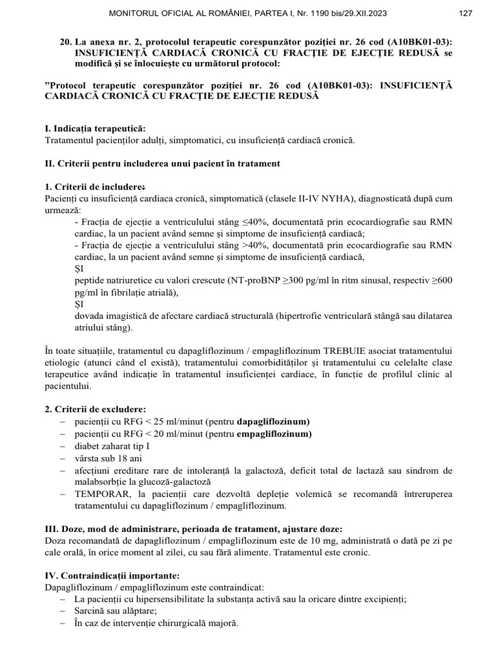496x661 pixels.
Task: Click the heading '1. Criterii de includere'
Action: coord(94,187)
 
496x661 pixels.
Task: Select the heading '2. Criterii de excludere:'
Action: coord(96,409)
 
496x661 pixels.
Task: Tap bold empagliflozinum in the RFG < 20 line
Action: coord(274,434)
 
